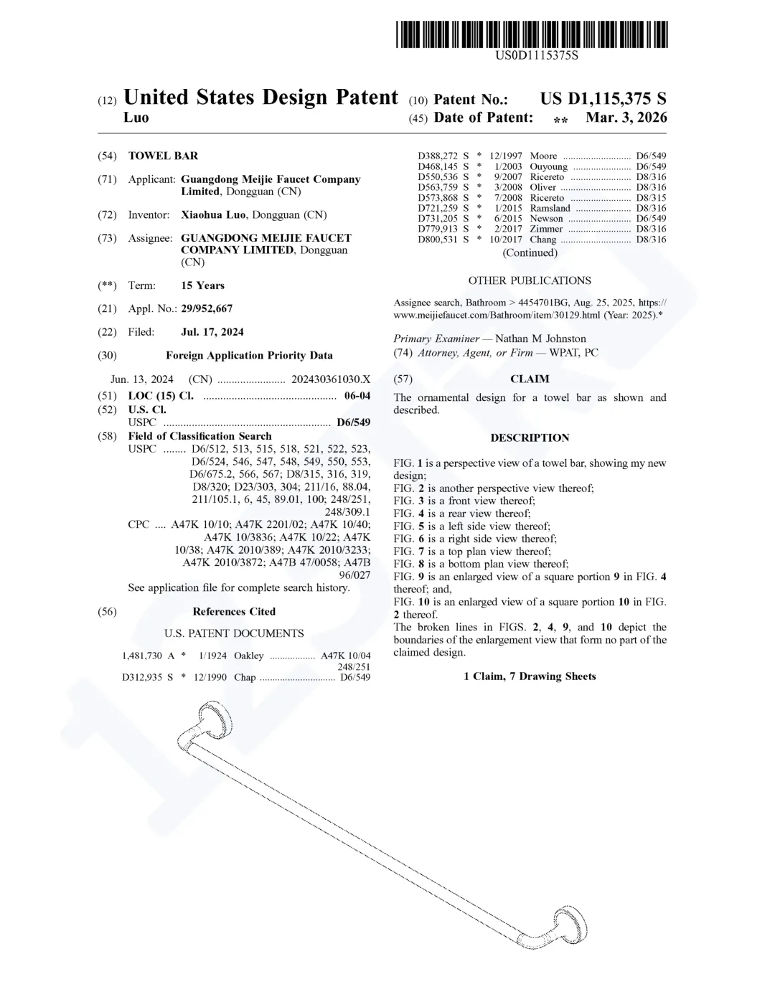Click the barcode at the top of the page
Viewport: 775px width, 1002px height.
point(531,34)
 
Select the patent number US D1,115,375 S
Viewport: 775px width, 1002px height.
point(603,99)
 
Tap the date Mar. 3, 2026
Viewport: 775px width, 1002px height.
point(626,118)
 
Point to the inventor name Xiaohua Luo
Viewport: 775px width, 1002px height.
point(214,214)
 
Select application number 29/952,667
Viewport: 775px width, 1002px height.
point(207,308)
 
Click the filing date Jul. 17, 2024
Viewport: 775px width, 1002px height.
point(212,331)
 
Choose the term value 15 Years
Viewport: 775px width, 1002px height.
point(202,285)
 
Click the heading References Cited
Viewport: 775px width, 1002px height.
point(234,611)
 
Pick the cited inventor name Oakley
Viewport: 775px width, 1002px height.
point(249,656)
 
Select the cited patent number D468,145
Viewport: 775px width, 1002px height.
point(438,166)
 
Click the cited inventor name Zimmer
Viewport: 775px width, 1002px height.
point(546,229)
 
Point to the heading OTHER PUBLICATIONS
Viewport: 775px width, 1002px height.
point(530,280)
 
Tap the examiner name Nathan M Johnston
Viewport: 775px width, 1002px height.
point(540,339)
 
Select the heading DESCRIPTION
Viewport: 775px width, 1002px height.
point(530,438)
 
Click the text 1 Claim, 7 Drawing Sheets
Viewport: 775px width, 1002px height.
point(530,676)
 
